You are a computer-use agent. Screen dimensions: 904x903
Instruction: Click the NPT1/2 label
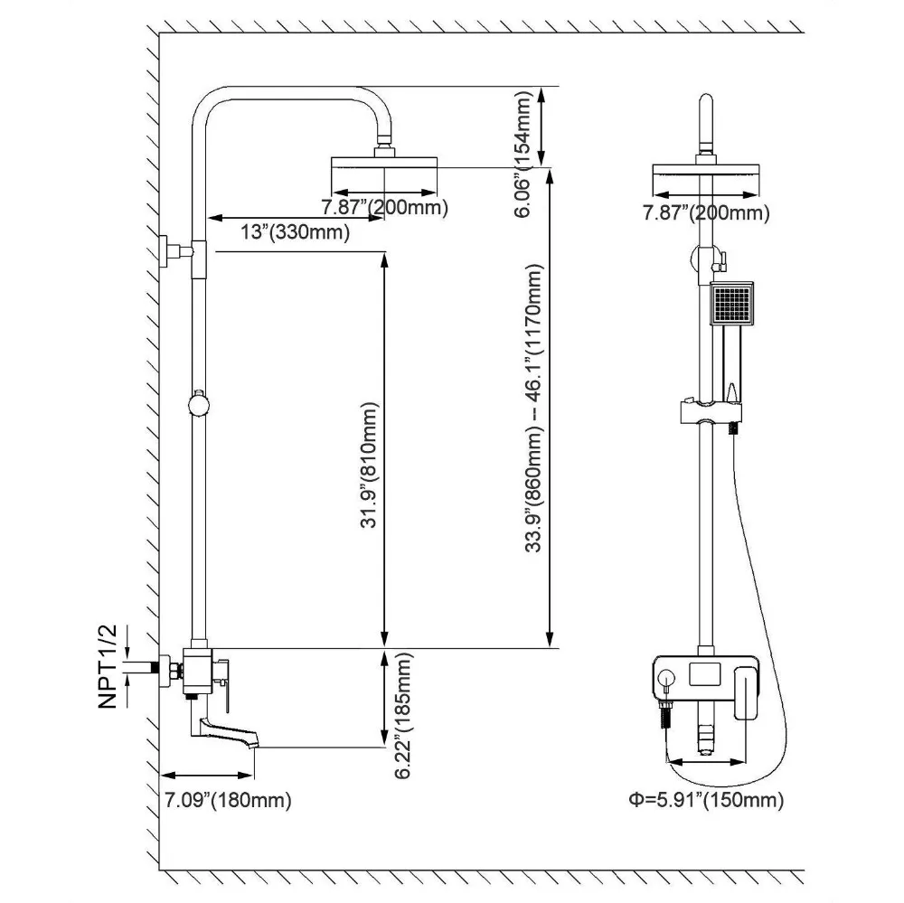(x=108, y=666)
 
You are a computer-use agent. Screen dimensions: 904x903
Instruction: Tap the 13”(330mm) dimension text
(x=296, y=232)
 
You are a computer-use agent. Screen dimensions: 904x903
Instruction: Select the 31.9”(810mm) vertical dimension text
(x=369, y=465)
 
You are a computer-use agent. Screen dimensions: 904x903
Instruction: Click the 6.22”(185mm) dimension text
(x=403, y=716)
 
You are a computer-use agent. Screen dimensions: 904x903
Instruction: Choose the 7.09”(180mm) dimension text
(x=229, y=800)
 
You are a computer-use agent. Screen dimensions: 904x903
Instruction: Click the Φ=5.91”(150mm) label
(x=706, y=800)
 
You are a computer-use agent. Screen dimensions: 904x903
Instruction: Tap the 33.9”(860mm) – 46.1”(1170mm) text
(x=534, y=409)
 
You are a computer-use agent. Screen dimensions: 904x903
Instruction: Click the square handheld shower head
(x=732, y=305)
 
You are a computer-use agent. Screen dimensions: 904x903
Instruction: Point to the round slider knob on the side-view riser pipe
(x=199, y=403)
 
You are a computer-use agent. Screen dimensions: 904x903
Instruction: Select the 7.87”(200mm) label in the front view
(x=706, y=213)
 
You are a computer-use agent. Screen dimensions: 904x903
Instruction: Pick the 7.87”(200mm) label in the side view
(x=384, y=207)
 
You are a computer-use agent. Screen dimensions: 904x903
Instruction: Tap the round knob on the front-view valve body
(x=666, y=677)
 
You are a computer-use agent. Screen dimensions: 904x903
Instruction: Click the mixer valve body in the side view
(x=198, y=671)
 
